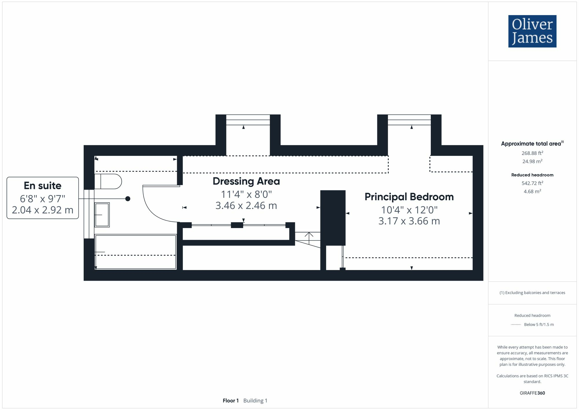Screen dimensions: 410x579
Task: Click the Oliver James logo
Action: click(x=532, y=31)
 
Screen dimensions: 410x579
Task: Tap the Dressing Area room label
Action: click(x=246, y=181)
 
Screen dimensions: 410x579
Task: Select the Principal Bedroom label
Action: click(x=409, y=197)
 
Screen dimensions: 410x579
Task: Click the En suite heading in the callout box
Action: click(x=43, y=186)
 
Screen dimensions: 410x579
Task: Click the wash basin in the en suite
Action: click(x=102, y=215)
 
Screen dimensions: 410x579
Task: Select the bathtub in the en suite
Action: click(x=135, y=252)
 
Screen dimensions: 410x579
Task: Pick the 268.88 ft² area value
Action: click(x=532, y=153)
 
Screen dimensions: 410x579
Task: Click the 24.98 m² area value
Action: click(x=532, y=161)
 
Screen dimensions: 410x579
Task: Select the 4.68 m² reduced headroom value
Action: click(x=532, y=192)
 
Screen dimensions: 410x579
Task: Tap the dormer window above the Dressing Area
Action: click(x=248, y=120)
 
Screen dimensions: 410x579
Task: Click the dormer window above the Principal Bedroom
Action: click(x=409, y=120)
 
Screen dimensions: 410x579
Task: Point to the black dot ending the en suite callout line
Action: click(x=128, y=199)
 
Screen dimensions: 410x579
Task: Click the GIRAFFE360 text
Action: click(x=532, y=393)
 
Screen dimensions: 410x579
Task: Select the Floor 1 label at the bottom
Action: click(x=230, y=401)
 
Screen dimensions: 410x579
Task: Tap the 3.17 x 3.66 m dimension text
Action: click(x=409, y=221)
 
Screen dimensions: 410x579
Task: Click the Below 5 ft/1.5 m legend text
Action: click(x=539, y=325)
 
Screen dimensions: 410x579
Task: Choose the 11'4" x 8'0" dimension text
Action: click(x=246, y=194)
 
